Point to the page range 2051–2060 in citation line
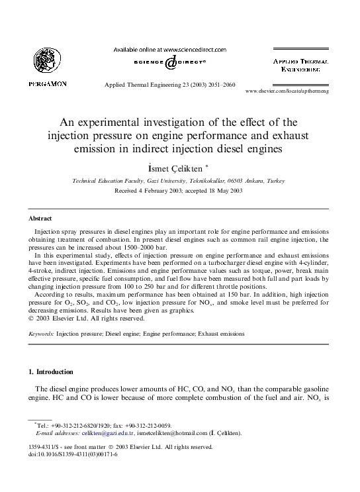(x=220, y=85)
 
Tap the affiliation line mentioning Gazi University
(x=178, y=180)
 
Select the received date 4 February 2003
(x=142, y=190)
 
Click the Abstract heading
(x=40, y=218)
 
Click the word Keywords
(x=41, y=334)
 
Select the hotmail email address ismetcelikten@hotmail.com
(x=175, y=434)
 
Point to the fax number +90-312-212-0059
(x=146, y=426)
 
